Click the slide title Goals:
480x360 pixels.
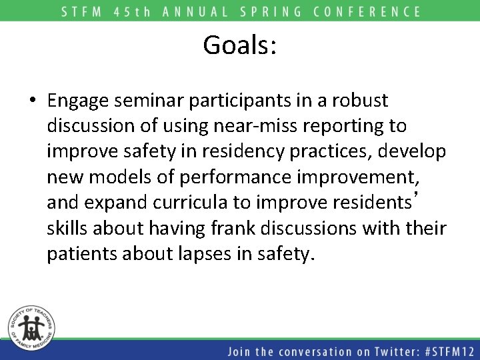[240, 45]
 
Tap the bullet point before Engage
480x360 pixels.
[33, 101]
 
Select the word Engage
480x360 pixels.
[79, 101]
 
